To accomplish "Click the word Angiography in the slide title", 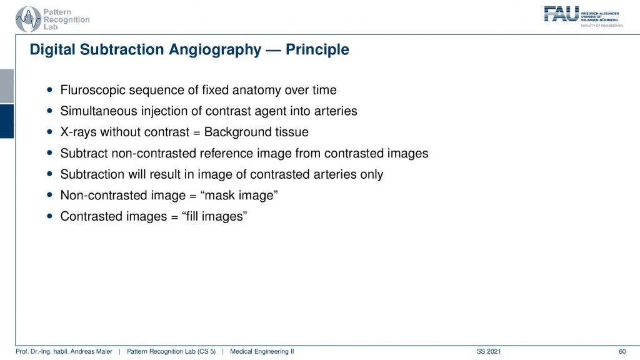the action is pyautogui.click(x=215, y=50).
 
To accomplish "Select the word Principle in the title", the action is pyautogui.click(x=317, y=49).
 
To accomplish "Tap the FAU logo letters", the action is pyautogui.click(x=561, y=14).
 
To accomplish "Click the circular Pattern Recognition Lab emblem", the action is pyautogui.click(x=28, y=19).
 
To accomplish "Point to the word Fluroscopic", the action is pyautogui.click(x=92, y=90).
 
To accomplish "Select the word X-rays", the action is pyautogui.click(x=78, y=132).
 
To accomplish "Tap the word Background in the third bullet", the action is pyautogui.click(x=238, y=132).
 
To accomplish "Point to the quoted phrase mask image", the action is pyautogui.click(x=239, y=195).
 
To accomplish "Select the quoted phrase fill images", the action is pyautogui.click(x=214, y=216).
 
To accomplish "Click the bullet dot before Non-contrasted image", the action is pyautogui.click(x=50, y=195).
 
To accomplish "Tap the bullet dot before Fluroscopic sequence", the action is pyautogui.click(x=50, y=90).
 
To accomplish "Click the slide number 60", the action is pyautogui.click(x=622, y=351).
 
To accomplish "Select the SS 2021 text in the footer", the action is pyautogui.click(x=489, y=351).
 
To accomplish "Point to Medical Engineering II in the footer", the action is pyautogui.click(x=262, y=351).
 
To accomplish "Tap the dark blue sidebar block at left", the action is pyautogui.click(x=7, y=121).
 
